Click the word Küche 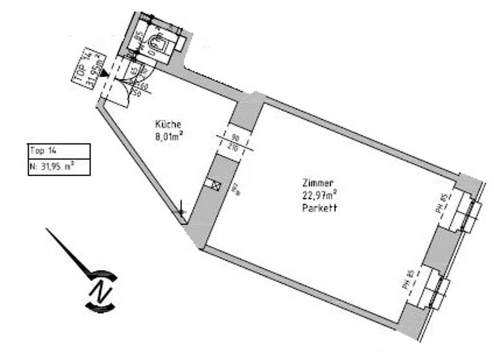point(168,124)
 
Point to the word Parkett point(320,208)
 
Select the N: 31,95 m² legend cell point(59,166)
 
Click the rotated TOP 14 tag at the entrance point(86,66)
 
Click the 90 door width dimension point(235,138)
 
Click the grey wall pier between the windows point(440,247)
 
